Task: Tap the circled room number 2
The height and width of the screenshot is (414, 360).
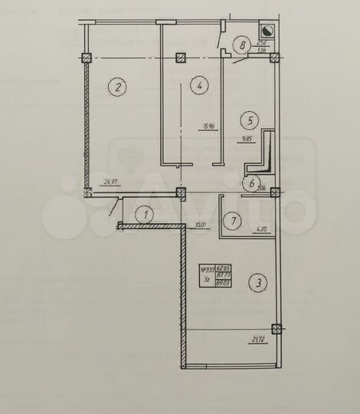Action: pyautogui.click(x=116, y=87)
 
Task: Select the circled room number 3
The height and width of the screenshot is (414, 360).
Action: pyautogui.click(x=259, y=283)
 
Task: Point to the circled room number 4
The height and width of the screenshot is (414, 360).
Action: pyautogui.click(x=198, y=87)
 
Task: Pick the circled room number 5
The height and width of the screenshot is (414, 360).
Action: pyautogui.click(x=247, y=120)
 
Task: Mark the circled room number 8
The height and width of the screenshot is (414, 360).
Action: pyautogui.click(x=243, y=45)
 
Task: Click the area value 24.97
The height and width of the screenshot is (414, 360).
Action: pyautogui.click(x=112, y=182)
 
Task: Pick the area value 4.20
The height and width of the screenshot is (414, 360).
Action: pyautogui.click(x=260, y=228)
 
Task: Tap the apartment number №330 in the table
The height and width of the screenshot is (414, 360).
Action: pyautogui.click(x=208, y=270)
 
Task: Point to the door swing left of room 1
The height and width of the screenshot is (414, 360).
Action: pyautogui.click(x=113, y=208)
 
